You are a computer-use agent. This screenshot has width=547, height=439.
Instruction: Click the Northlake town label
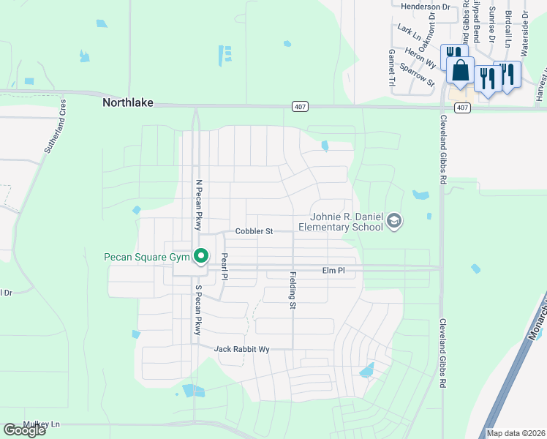128,103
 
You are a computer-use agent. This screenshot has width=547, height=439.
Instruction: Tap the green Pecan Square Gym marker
200,257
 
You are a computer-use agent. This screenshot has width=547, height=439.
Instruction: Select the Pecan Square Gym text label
146,257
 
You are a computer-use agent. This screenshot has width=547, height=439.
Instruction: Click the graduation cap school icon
394,221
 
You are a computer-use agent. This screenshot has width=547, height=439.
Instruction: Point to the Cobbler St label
254,231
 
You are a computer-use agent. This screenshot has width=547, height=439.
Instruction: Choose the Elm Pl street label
333,271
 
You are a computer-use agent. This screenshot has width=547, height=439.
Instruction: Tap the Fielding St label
292,290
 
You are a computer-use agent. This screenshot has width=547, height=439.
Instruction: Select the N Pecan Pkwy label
197,206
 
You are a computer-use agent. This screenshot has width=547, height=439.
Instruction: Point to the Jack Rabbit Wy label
242,350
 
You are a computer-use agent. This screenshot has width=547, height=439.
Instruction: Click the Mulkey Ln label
41,424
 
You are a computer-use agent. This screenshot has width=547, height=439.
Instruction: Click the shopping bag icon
461,71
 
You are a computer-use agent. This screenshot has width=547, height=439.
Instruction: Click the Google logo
24,430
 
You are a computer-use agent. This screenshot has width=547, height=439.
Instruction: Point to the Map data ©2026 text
515,433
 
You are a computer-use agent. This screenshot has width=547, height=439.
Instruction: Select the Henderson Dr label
425,6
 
